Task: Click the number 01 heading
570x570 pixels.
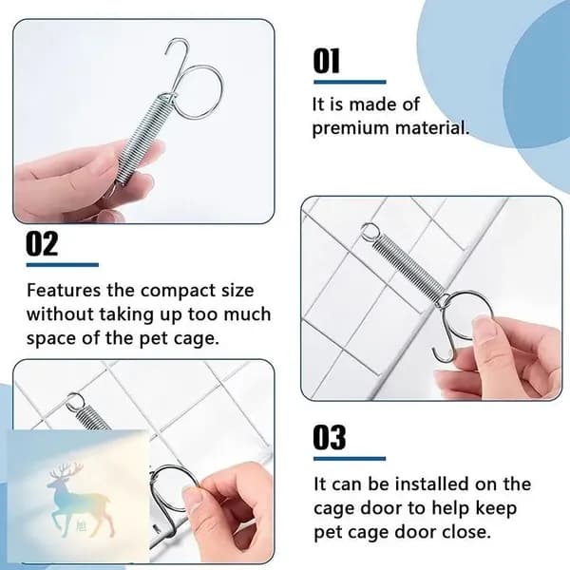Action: (x=327, y=61)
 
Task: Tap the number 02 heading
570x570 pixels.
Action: (x=42, y=243)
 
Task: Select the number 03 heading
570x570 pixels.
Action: (x=330, y=437)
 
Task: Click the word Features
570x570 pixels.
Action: (x=64, y=290)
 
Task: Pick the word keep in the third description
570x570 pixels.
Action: (x=496, y=508)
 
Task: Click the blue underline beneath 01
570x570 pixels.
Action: (x=350, y=82)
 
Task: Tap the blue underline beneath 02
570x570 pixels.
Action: (x=63, y=265)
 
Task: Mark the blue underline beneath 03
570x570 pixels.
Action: (x=350, y=459)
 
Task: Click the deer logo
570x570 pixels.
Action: (x=78, y=500)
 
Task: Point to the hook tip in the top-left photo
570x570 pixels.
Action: (x=165, y=53)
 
